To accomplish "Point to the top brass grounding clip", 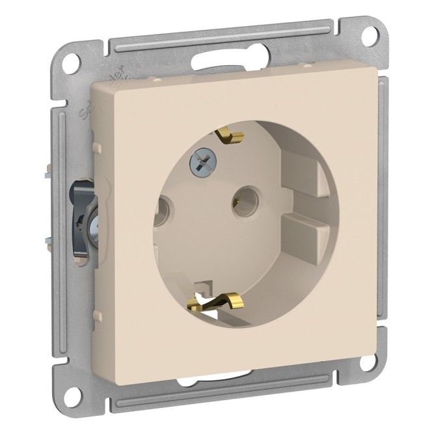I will (x=231, y=135).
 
